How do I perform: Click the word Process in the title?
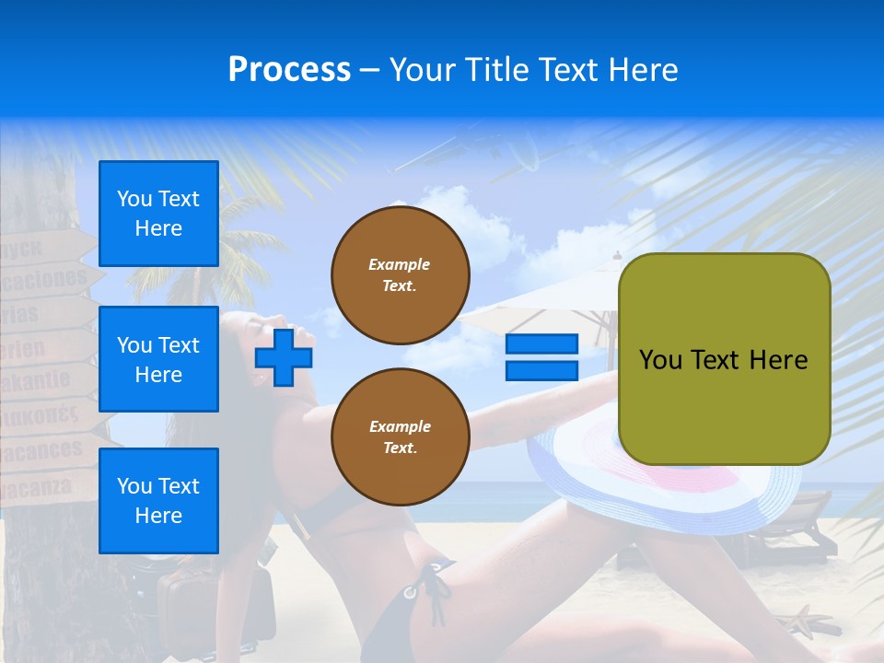click(289, 70)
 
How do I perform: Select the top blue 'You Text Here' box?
click(158, 214)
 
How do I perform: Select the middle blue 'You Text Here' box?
click(158, 359)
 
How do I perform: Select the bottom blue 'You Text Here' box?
click(158, 500)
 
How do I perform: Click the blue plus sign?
click(284, 357)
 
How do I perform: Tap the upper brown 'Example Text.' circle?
click(401, 275)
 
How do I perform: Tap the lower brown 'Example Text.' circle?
click(401, 437)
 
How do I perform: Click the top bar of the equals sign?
click(541, 344)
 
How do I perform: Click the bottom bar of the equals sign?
click(541, 370)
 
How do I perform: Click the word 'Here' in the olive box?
click(778, 360)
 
